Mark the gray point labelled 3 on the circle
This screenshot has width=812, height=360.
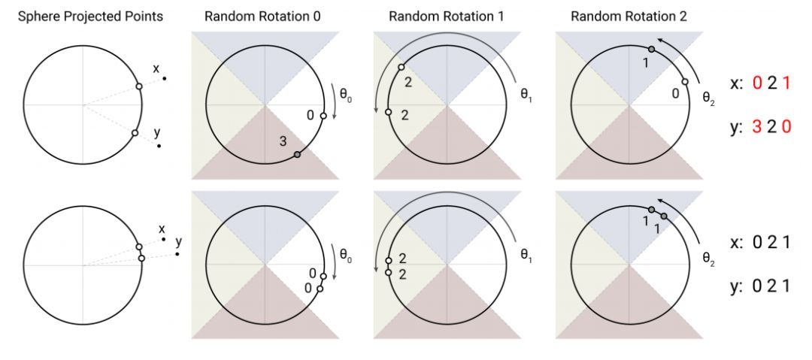297,154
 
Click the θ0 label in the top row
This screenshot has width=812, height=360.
344,97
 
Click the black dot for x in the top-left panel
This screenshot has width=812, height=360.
164,78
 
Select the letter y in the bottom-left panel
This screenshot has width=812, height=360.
179,242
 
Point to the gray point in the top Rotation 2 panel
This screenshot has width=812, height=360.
652,50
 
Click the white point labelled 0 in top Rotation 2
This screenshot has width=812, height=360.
685,83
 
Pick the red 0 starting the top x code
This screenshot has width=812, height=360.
756,83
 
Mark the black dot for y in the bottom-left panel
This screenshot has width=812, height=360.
177,254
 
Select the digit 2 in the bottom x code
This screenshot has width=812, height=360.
771,243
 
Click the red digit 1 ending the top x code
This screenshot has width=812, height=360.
786,83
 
